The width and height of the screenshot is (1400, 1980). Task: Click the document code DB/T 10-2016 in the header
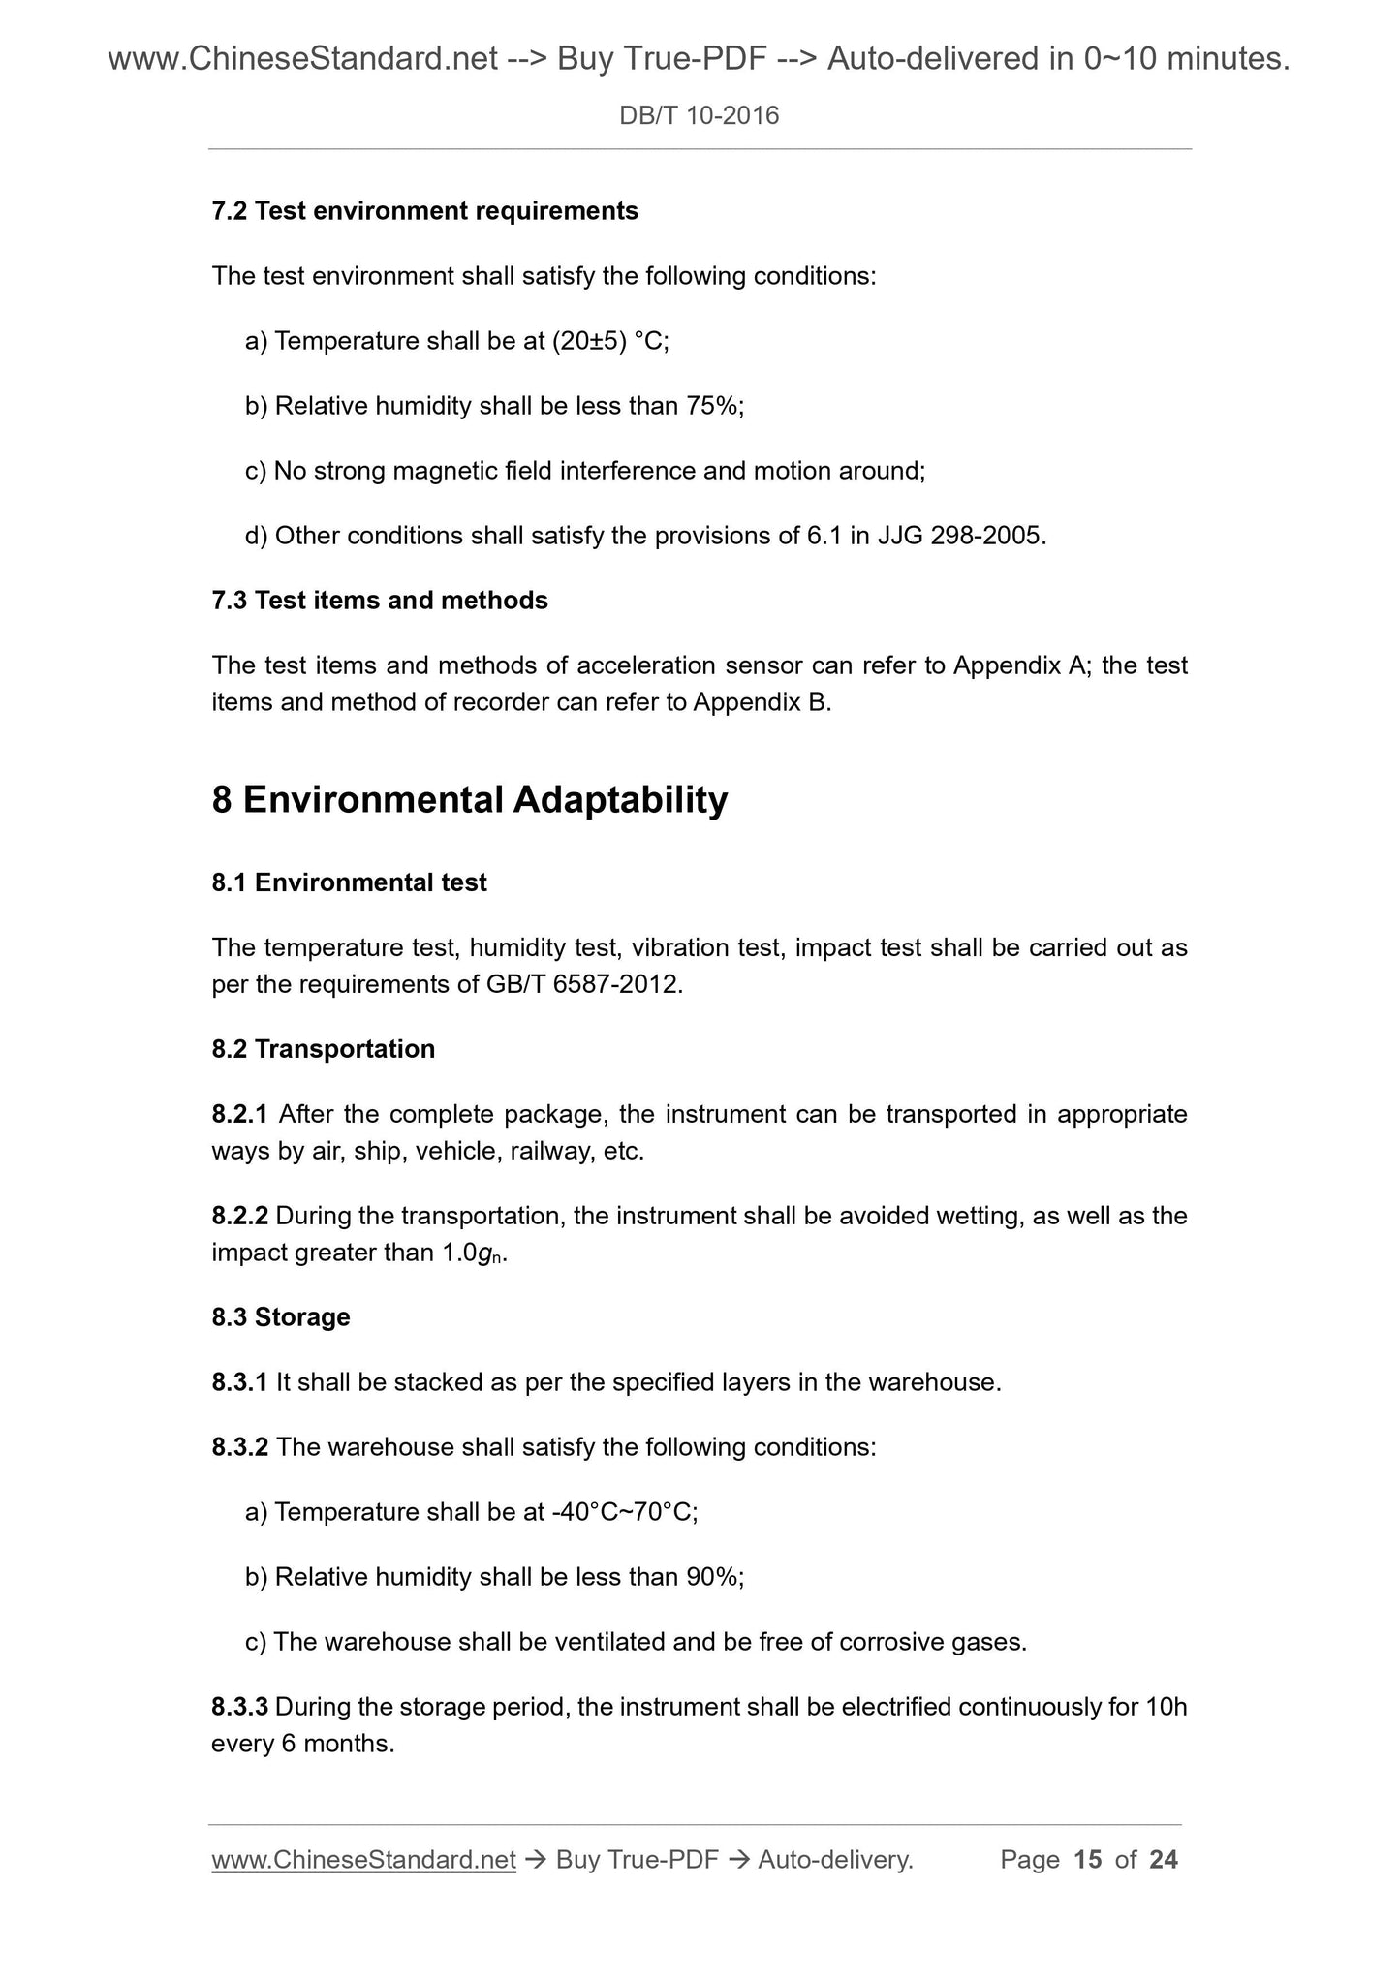coord(699,116)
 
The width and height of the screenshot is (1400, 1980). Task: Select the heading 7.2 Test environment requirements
coord(424,211)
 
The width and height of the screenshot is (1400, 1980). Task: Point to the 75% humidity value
coord(712,406)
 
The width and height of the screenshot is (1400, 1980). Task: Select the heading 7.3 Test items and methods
coord(380,601)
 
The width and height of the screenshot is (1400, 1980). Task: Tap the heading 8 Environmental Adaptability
coord(469,800)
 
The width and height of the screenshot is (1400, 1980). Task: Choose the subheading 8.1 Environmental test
coord(349,882)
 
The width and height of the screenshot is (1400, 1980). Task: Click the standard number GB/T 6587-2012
coord(583,985)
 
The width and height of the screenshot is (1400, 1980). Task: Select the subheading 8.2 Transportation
coord(323,1049)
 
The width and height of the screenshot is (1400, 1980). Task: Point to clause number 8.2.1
coord(239,1114)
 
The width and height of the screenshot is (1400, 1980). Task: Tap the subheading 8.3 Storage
coord(281,1317)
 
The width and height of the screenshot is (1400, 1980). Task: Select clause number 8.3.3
coord(239,1707)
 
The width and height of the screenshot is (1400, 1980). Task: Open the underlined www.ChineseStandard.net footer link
coord(363,1859)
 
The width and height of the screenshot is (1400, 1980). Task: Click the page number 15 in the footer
coord(1087,1859)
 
